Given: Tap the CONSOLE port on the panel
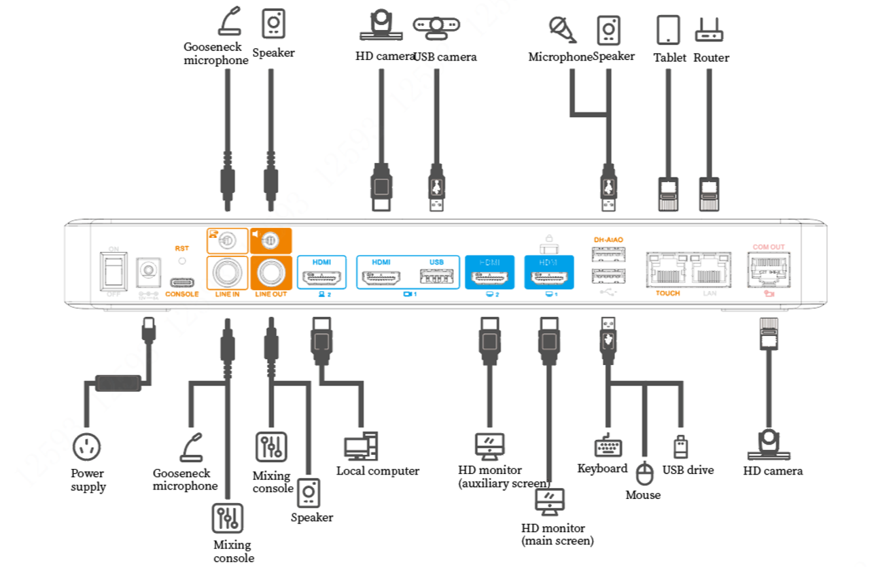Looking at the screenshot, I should tap(181, 281).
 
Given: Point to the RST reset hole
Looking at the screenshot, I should tap(181, 260).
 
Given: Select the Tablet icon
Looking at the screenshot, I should tap(668, 30).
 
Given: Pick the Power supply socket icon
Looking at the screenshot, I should tap(87, 447).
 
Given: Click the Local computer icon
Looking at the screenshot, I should tap(360, 446).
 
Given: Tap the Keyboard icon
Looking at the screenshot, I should tap(608, 447).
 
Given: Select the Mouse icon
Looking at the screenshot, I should tap(644, 474).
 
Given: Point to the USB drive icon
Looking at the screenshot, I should tap(680, 447).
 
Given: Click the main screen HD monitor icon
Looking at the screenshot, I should tap(550, 502).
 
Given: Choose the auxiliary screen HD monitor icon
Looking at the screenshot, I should tap(489, 447).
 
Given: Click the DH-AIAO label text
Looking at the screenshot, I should tap(608, 240).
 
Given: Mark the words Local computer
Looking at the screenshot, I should tap(377, 470).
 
